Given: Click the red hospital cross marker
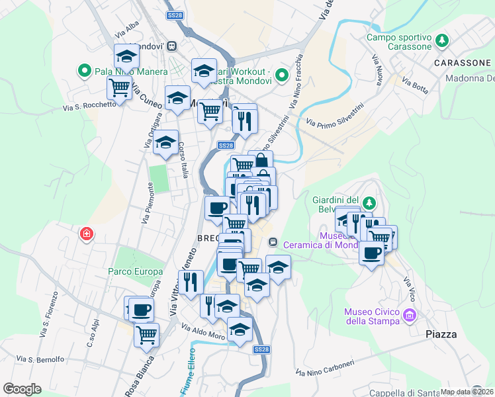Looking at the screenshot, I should click(86, 234).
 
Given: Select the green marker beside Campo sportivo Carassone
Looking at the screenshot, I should click(441, 42).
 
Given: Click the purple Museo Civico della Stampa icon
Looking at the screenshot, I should click(410, 316).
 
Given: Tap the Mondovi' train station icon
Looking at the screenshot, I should click(172, 46).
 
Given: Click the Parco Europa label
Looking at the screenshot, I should click(136, 271).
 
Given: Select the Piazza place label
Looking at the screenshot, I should click(441, 334).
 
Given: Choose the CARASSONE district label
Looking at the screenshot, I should click(463, 63).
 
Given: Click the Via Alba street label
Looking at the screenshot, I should click(127, 30).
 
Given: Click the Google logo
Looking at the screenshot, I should click(22, 388).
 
